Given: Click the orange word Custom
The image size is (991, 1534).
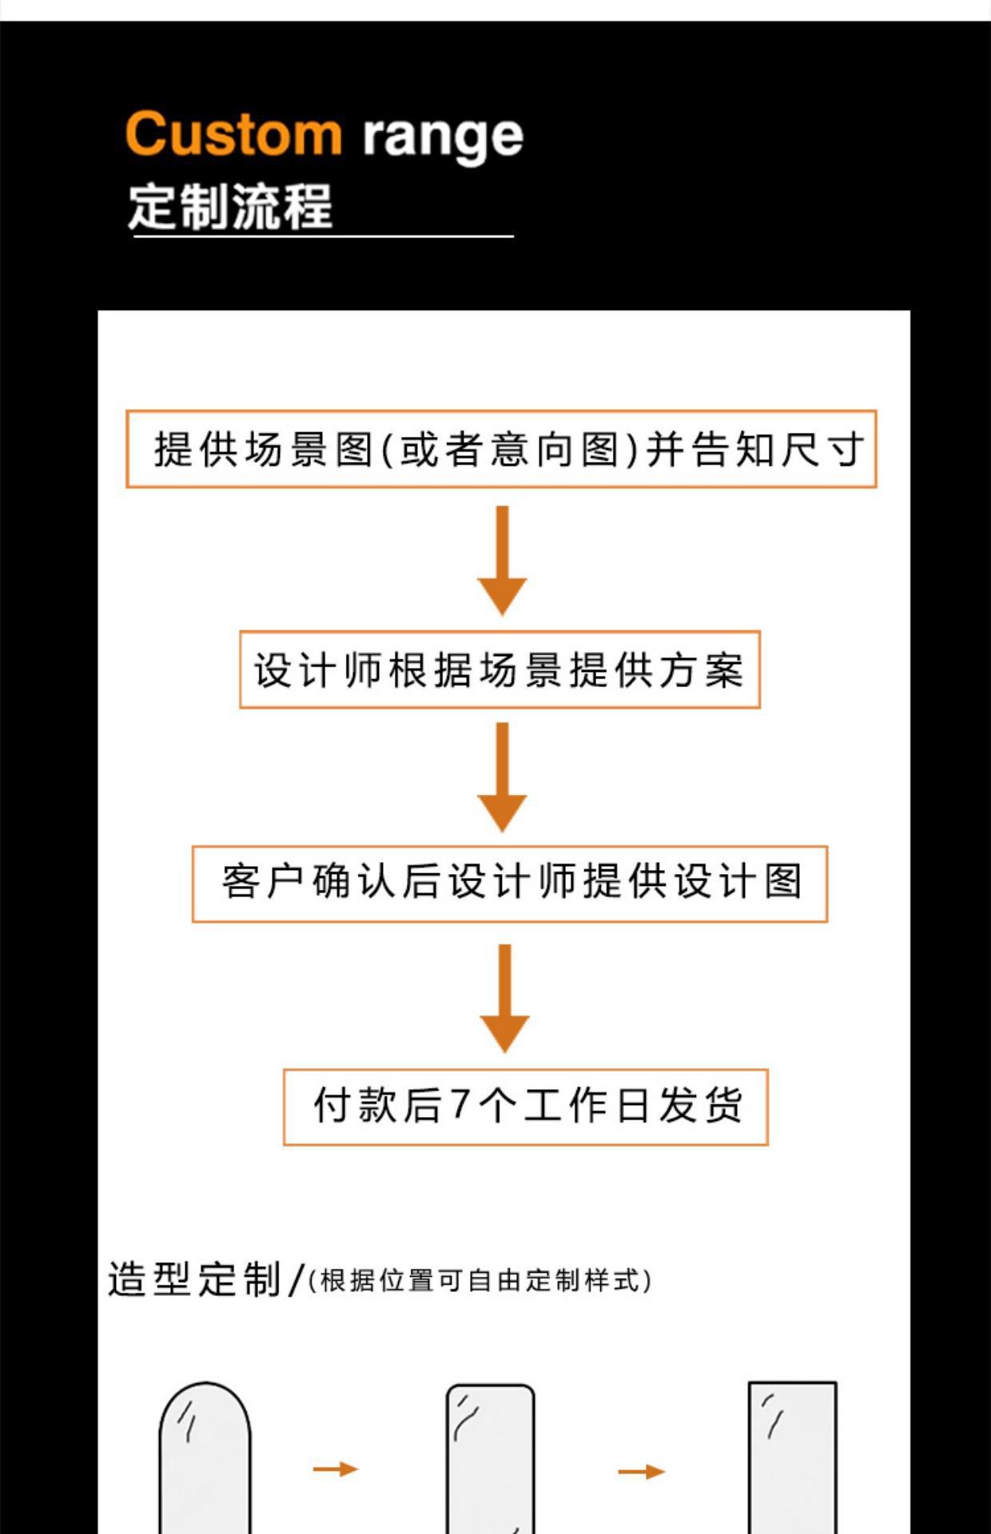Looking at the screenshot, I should coord(233,133).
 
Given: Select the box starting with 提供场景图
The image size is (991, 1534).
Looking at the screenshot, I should coord(501,449).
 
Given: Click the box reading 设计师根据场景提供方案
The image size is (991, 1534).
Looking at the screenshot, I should coord(499,670).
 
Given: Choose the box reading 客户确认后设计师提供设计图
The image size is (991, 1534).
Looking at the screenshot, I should coord(510,884).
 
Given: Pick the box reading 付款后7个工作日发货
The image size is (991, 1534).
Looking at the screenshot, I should coord(526,1107).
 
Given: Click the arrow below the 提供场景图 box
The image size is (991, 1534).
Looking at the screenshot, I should coord(502,559).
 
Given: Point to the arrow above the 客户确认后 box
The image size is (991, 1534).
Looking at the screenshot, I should coord(502,777).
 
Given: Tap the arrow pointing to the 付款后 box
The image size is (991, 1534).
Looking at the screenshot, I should coord(504,997).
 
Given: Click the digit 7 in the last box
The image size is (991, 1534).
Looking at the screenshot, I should coord(460,1105).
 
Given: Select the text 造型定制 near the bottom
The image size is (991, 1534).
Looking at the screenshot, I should coord(194,1279).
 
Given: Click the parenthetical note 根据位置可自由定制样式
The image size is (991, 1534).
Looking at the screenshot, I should coord(480,1281).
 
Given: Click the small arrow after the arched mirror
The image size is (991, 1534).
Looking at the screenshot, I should coord(336,1468).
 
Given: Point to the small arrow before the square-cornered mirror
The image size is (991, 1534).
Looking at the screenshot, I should coord(641,1471).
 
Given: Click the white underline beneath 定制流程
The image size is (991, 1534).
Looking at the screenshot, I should coord(323,236).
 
